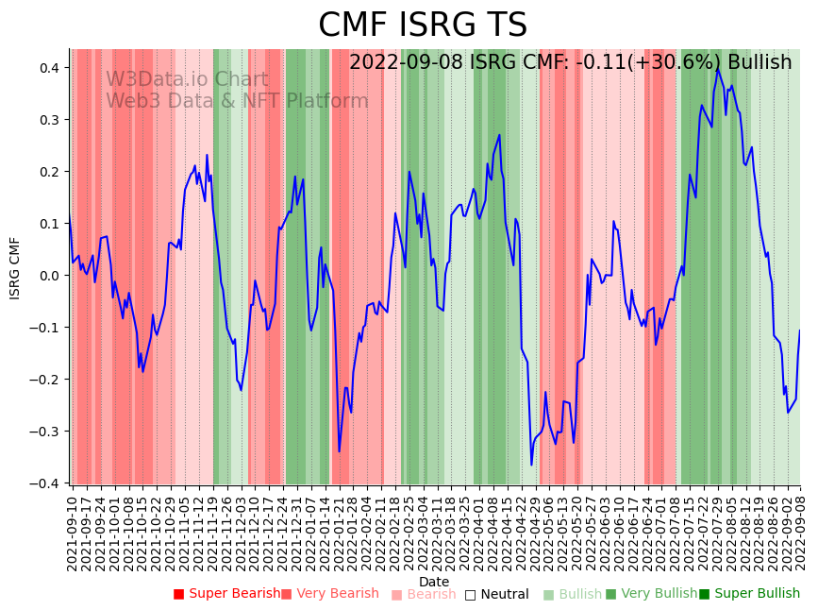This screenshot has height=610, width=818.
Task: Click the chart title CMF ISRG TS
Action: pyautogui.click(x=422, y=25)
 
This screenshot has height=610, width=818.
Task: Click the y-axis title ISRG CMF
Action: pyautogui.click(x=15, y=268)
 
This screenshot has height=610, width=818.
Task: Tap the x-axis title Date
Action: pyautogui.click(x=434, y=582)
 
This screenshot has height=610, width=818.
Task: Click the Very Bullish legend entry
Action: pyautogui.click(x=651, y=594)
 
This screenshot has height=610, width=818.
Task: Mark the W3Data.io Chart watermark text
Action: pyautogui.click(x=187, y=79)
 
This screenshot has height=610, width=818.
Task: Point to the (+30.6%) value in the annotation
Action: pyautogui.click(x=676, y=62)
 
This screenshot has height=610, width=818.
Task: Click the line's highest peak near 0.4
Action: pyautogui.click(x=717, y=69)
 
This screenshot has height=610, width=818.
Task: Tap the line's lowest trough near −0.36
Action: pyautogui.click(x=531, y=464)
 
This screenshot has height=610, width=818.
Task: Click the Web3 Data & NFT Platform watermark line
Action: pyautogui.click(x=237, y=101)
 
